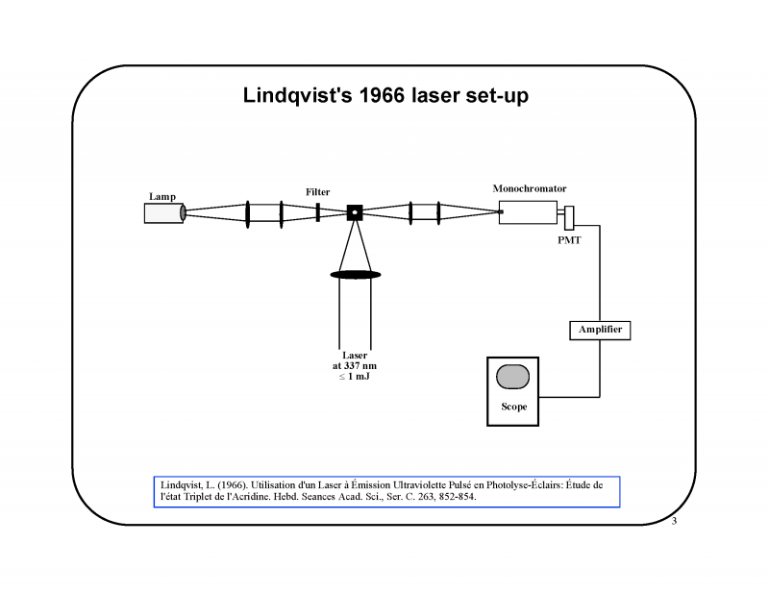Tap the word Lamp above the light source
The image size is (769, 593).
click(161, 196)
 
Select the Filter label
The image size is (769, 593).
click(317, 192)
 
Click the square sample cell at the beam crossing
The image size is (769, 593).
click(354, 211)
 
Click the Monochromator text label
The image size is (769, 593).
click(530, 188)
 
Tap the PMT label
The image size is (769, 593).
click(569, 240)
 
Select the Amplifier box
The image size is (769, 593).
click(600, 330)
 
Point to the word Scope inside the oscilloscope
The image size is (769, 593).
click(513, 407)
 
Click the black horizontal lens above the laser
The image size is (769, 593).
click(356, 275)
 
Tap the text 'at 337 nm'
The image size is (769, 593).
click(355, 365)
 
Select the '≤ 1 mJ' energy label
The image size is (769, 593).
click(355, 376)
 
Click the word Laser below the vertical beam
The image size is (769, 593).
click(355, 355)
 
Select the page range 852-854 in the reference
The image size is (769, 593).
click(454, 498)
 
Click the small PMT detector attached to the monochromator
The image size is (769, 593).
click(569, 216)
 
